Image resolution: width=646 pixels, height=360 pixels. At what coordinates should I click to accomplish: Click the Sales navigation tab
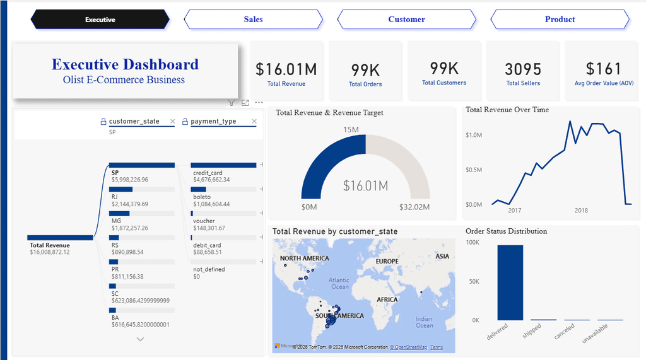tap(253, 20)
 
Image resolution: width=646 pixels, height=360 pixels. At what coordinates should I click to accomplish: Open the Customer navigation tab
tap(406, 20)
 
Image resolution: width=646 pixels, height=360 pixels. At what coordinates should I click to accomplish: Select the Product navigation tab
tap(560, 20)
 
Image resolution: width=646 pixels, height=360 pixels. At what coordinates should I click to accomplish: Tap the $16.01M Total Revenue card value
tap(286, 69)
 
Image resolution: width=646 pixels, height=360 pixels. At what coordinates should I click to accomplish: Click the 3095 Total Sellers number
tap(523, 69)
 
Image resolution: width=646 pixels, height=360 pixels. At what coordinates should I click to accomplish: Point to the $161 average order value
tap(603, 69)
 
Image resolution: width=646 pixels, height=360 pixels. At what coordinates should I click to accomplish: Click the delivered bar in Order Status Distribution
tap(510, 282)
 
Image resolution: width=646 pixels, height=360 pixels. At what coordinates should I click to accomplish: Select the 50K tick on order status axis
tap(474, 281)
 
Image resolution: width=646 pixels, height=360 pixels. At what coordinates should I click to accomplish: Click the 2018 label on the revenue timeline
tap(581, 211)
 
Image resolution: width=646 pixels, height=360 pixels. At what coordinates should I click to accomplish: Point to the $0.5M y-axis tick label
tap(474, 170)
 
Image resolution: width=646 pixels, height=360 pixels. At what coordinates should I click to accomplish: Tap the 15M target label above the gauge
tap(351, 130)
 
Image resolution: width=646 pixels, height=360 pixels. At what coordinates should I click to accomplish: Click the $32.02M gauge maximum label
tap(414, 207)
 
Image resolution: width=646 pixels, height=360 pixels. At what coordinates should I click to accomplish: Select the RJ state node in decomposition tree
tap(115, 197)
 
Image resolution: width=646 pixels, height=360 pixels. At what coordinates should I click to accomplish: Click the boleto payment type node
tap(202, 197)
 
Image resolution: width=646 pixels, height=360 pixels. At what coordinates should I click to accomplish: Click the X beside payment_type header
tap(254, 121)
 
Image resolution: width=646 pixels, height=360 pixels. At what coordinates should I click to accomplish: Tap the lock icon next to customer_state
tap(103, 121)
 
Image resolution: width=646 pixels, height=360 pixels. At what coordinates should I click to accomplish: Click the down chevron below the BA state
tap(140, 339)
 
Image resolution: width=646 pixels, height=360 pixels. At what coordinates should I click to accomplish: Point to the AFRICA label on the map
tap(387, 299)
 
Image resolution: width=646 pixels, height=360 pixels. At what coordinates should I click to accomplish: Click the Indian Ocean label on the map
tap(425, 322)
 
